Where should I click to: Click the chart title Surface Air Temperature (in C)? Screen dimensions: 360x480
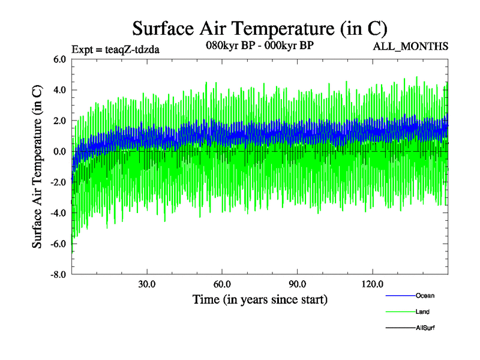260,28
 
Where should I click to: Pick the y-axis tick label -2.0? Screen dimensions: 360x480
58,182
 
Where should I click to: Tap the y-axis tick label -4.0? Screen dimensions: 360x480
58,213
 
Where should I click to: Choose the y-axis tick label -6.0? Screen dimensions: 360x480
58,244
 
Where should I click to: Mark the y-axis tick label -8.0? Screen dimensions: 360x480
58,275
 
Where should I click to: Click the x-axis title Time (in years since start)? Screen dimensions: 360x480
260,299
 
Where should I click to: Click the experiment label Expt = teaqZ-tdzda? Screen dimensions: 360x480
115,49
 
